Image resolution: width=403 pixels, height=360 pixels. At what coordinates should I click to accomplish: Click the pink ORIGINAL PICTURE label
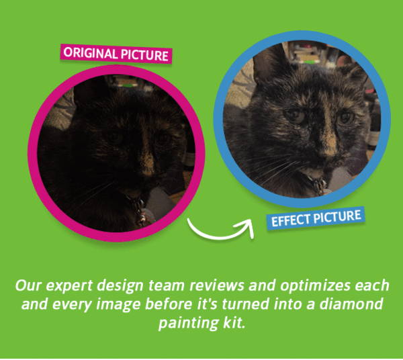(116, 54)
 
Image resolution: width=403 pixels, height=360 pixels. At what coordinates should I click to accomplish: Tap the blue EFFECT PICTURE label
(316, 218)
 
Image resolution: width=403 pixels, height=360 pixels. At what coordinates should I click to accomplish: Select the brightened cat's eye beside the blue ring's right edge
(346, 117)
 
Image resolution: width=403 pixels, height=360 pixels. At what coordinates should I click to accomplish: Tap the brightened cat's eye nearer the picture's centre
(295, 116)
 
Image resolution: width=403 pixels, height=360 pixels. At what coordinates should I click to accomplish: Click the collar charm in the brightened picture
(319, 185)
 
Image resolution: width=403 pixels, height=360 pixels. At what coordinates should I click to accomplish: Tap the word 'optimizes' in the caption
(315, 286)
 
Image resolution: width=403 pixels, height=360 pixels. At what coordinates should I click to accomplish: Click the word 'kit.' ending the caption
(234, 322)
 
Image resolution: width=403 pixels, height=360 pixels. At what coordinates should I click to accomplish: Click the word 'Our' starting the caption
(28, 285)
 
